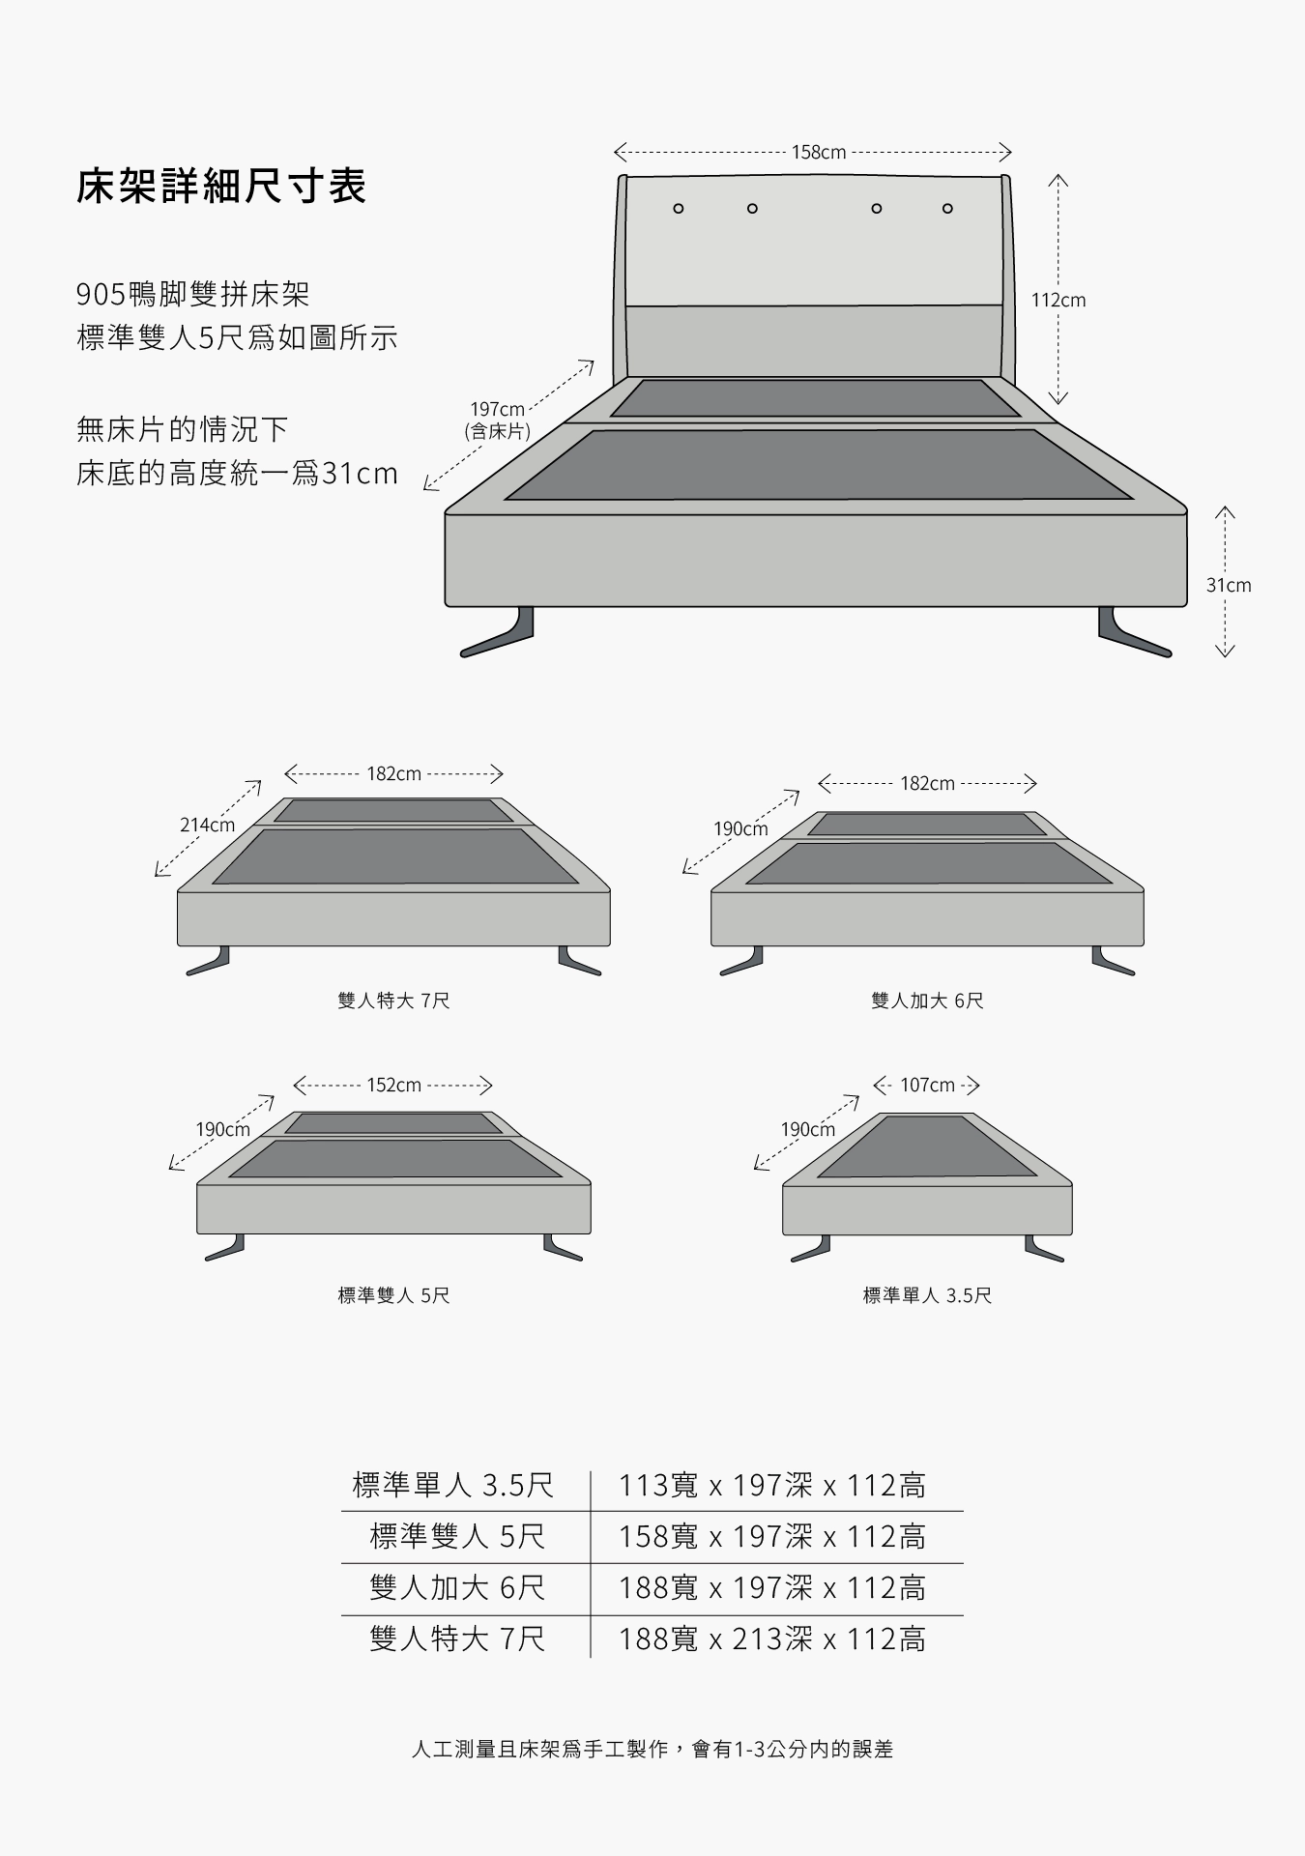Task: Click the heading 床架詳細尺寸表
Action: pos(221,187)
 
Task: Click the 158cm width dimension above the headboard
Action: pos(818,153)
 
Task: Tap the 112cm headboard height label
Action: pos(1058,301)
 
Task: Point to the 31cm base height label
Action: pos(1228,586)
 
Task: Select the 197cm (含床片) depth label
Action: pos(497,420)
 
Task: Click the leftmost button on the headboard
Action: pos(679,209)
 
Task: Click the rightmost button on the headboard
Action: pos(947,209)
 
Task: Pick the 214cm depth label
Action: pos(207,826)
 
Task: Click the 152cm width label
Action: pos(393,1086)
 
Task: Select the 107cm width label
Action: pos(927,1086)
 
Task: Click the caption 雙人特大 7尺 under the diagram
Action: pos(393,1000)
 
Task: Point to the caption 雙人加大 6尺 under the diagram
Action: pos(927,1000)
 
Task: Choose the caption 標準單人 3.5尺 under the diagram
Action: pos(927,1295)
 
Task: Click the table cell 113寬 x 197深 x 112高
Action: pos(772,1486)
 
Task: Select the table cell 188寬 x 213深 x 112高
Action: pos(772,1639)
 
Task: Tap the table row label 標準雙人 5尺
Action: pos(457,1537)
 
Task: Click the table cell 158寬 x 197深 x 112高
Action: pos(772,1537)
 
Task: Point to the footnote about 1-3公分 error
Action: pos(652,1750)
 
